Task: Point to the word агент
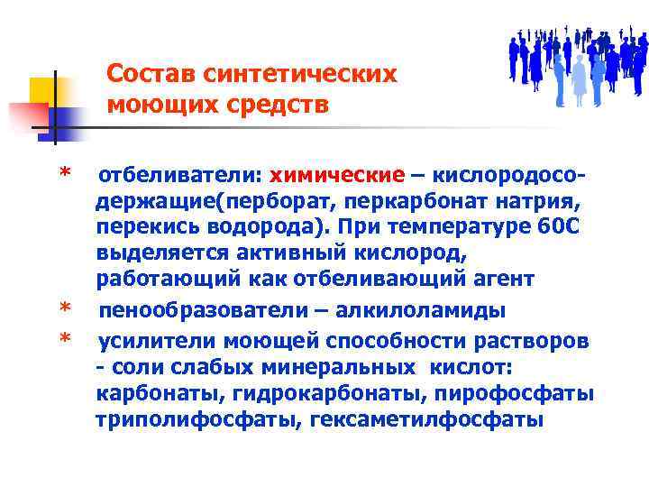(x=505, y=280)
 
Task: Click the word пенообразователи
(x=190, y=311)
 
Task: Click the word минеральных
(x=347, y=367)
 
